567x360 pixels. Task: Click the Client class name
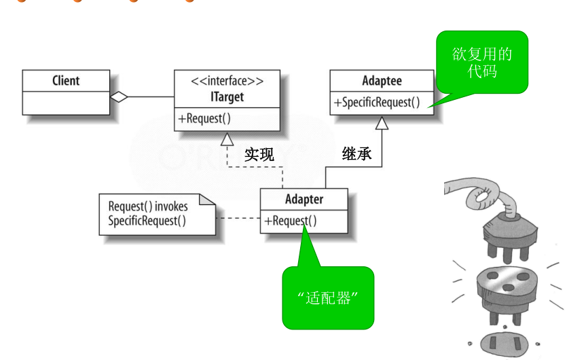pyautogui.click(x=66, y=80)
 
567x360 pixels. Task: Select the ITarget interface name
pyautogui.click(x=227, y=97)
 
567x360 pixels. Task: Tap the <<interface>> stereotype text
pyautogui.click(x=227, y=81)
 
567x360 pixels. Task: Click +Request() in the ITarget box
pyautogui.click(x=204, y=118)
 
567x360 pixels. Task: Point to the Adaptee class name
pyautogui.click(x=382, y=81)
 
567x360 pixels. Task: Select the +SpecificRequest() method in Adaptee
pyautogui.click(x=376, y=103)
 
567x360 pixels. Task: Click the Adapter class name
pyautogui.click(x=304, y=199)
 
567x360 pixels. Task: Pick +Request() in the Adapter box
pyautogui.click(x=291, y=220)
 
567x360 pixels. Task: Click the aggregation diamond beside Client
pyautogui.click(x=119, y=97)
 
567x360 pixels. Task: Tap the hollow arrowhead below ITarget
pyautogui.click(x=227, y=139)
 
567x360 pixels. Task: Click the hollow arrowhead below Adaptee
pyautogui.click(x=382, y=123)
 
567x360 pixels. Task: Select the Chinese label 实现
pyautogui.click(x=259, y=154)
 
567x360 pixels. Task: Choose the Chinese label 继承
pyautogui.click(x=357, y=154)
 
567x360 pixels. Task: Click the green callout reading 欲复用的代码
pyautogui.click(x=482, y=62)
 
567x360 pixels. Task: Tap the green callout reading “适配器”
pyautogui.click(x=328, y=298)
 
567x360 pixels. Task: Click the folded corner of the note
pyautogui.click(x=207, y=199)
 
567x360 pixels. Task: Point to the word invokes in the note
pyautogui.click(x=171, y=206)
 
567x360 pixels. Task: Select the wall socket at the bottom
pyautogui.click(x=503, y=343)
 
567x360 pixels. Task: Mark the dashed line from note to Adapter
pyautogui.click(x=238, y=218)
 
